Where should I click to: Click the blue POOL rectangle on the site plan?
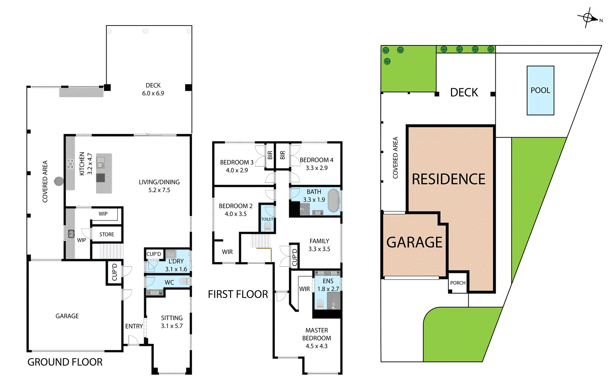tap(540, 91)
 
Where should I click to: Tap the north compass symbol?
tap(588, 18)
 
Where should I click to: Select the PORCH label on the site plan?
tap(457, 283)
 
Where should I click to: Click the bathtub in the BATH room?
tap(333, 200)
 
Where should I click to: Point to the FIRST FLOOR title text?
tap(238, 294)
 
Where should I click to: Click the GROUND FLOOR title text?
tap(65, 362)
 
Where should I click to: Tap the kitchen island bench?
tap(104, 173)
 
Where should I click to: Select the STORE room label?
tap(107, 235)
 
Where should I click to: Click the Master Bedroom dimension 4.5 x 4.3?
tap(316, 346)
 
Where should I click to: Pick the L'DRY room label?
tap(176, 261)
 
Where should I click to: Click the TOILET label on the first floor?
tap(267, 219)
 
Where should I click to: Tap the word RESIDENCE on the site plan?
tap(448, 179)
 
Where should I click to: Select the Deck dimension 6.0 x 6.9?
tap(153, 93)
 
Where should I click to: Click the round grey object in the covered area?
tap(59, 181)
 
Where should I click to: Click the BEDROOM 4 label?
tap(316, 160)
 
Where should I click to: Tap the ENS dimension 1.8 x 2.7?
tap(328, 289)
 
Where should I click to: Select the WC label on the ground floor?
tap(169, 282)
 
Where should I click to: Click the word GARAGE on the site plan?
tap(414, 242)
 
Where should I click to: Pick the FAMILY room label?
tap(319, 241)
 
